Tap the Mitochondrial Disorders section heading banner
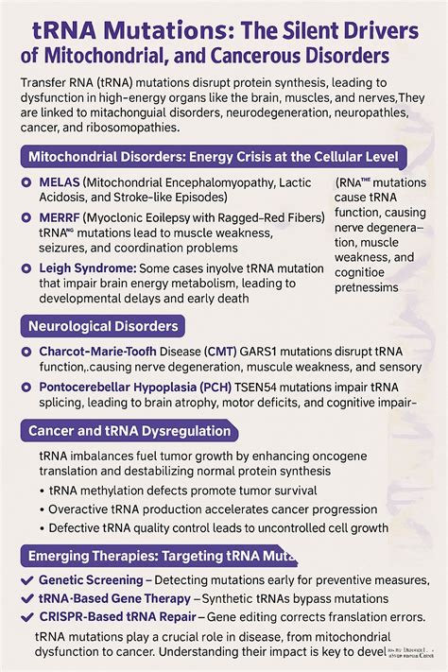[213, 155]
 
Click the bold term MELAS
[63, 181]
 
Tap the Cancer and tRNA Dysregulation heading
[129, 431]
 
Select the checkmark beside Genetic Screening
[26, 579]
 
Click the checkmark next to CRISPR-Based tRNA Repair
[26, 615]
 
